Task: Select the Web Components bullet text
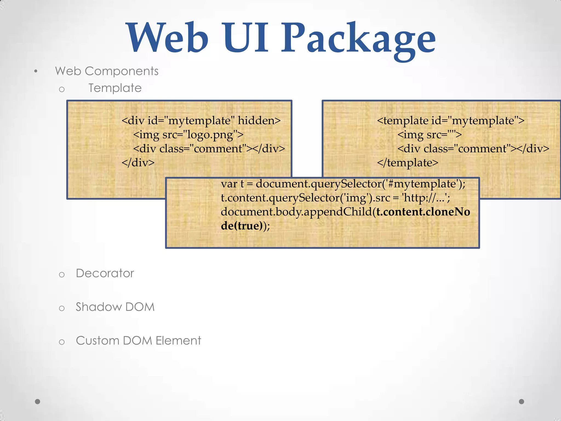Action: click(107, 71)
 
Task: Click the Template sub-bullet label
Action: click(115, 88)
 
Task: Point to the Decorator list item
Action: click(105, 273)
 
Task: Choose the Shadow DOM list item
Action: click(115, 307)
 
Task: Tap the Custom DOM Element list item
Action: click(138, 341)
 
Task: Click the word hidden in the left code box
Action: click(259, 121)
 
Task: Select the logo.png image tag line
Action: click(188, 135)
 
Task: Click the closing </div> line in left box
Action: click(138, 163)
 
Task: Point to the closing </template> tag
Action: click(407, 163)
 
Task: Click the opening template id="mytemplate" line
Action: click(451, 121)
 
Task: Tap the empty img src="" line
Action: click(430, 135)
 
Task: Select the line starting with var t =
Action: click(343, 184)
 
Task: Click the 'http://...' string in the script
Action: click(426, 198)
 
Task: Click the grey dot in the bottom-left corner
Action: click(38, 402)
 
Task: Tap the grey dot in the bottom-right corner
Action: click(522, 402)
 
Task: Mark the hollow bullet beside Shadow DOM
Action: click(62, 308)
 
